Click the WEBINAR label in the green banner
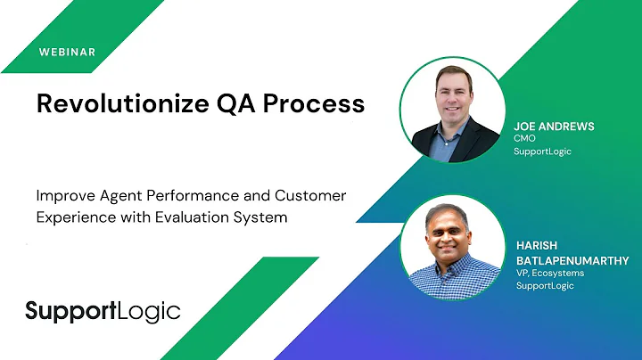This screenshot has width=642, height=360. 67,51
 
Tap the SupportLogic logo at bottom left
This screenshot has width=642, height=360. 103,311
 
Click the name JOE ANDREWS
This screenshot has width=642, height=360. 553,127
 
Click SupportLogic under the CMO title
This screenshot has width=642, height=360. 543,151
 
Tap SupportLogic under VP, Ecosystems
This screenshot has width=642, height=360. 543,285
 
